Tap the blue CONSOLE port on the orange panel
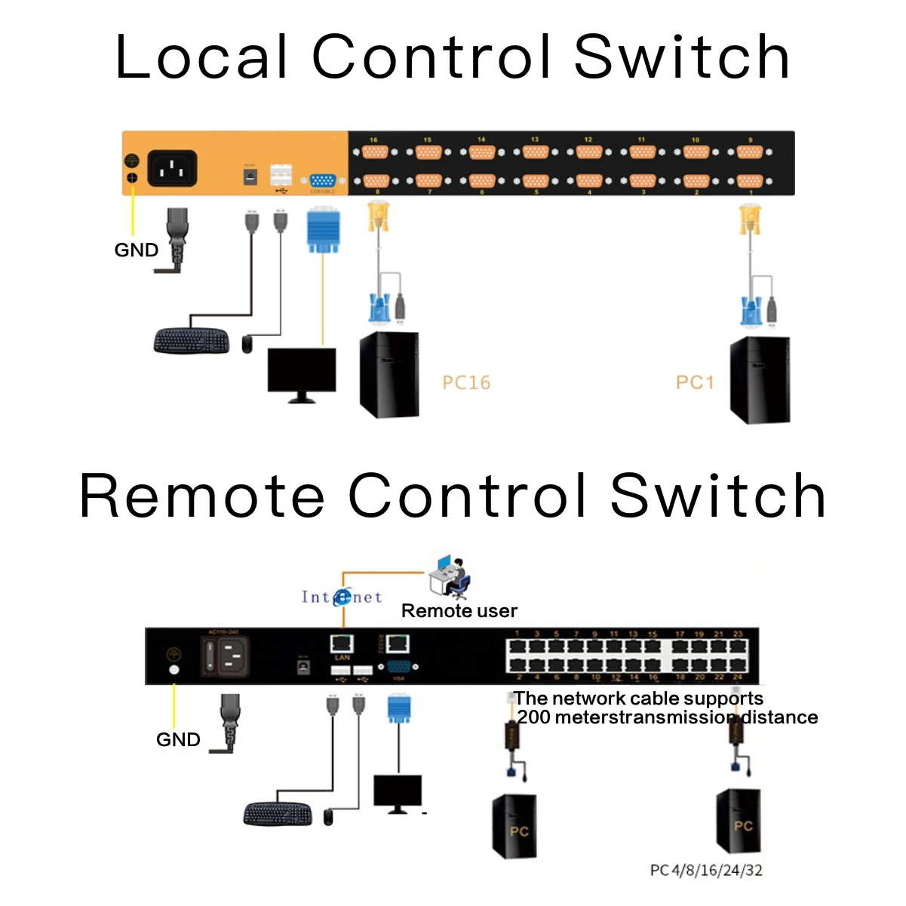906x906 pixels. point(323,182)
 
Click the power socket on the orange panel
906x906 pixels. point(172,168)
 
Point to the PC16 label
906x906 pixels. point(466,383)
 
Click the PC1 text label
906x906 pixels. point(695,382)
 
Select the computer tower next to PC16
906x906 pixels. point(389,374)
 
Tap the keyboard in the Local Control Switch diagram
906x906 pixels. point(191,341)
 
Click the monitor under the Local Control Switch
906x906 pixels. point(302,372)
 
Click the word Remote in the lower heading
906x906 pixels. point(202,496)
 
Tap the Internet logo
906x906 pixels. point(342,597)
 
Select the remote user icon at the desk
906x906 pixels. point(450,577)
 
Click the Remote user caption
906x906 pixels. point(459,611)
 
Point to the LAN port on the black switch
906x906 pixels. point(342,643)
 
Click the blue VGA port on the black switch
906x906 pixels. point(398,668)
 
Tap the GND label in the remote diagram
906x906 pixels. point(178,740)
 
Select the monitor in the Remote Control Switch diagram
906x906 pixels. point(398,793)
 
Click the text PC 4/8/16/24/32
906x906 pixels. point(706,871)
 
